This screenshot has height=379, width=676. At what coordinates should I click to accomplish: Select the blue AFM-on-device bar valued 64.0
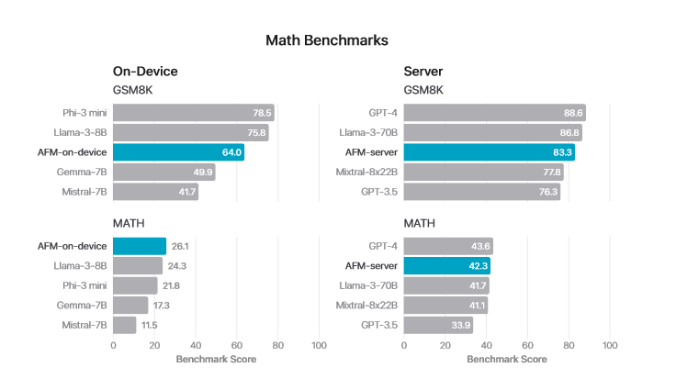[x=178, y=152]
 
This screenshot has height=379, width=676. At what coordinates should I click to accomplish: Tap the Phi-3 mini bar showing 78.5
[x=193, y=113]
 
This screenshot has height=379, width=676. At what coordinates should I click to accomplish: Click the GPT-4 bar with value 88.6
[x=494, y=113]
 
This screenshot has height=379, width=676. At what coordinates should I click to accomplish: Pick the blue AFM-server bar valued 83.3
[x=489, y=152]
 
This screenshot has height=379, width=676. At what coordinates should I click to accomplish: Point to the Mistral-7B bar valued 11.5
[x=124, y=325]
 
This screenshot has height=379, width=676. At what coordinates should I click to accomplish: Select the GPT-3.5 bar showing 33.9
[x=438, y=325]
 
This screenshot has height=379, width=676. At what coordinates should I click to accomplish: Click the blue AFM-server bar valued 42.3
[x=446, y=266]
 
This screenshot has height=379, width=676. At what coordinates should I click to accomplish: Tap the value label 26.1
[x=181, y=246]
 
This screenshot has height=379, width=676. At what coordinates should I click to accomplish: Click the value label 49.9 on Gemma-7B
[x=202, y=173]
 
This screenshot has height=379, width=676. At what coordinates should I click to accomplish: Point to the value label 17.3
[x=163, y=306]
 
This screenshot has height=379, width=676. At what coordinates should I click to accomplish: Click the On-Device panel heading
[x=145, y=72]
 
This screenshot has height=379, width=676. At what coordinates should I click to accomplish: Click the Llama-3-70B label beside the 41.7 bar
[x=366, y=285]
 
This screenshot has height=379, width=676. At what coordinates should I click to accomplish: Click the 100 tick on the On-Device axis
[x=319, y=346]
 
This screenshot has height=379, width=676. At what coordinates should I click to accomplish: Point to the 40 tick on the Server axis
[x=486, y=346]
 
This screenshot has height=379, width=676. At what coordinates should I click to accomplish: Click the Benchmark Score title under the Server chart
[x=506, y=359]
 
